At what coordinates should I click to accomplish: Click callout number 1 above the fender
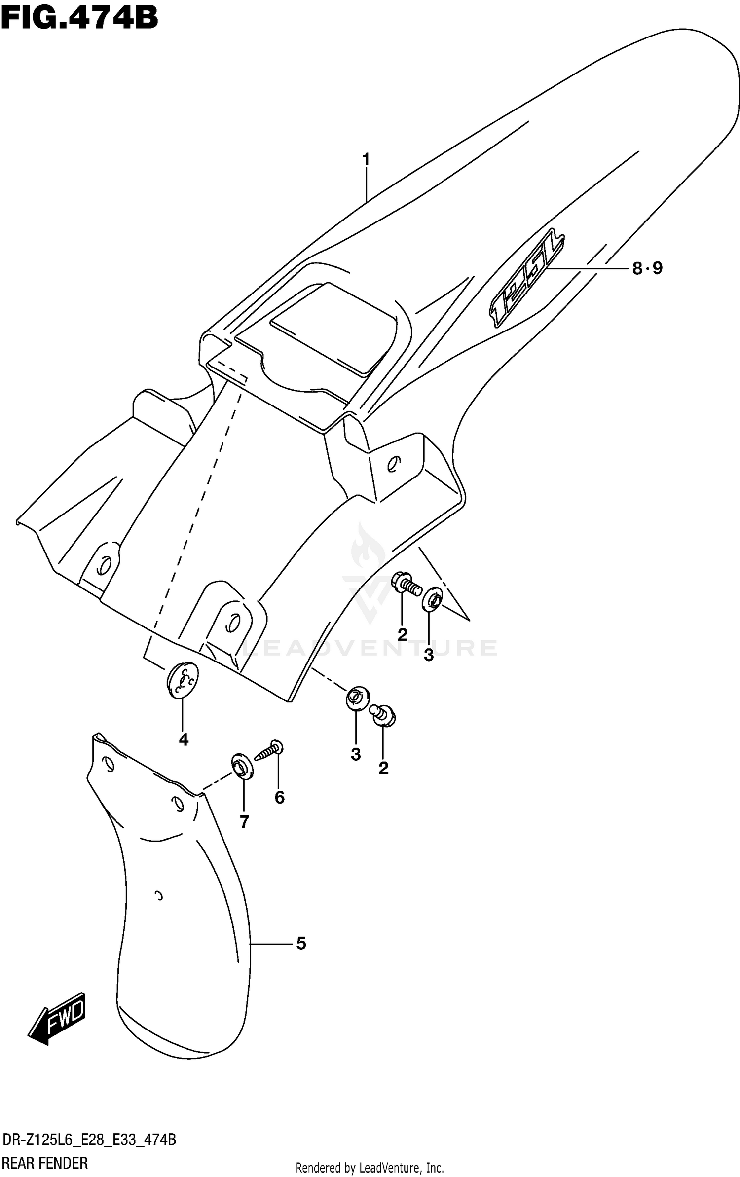point(366,160)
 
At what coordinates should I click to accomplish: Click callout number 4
point(184,739)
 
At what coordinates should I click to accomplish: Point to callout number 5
point(301,944)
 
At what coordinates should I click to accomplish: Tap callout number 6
point(280,797)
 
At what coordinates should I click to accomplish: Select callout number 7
point(244,822)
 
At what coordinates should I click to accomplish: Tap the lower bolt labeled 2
point(384,715)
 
